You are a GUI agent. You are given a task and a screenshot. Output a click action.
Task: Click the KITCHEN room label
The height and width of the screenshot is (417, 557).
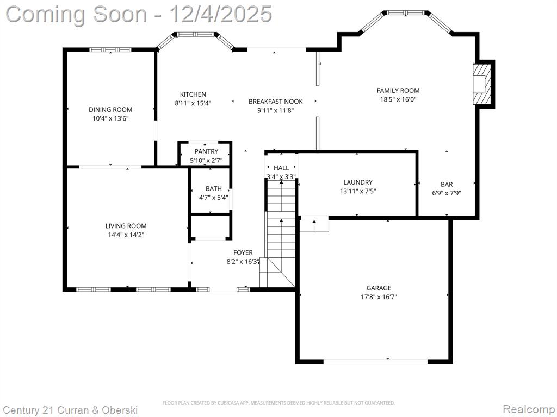(193, 94)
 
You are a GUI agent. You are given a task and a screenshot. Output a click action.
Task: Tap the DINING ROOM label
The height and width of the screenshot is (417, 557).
(110, 110)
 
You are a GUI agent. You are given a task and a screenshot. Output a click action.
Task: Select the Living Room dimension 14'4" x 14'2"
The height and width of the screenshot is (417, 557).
(126, 235)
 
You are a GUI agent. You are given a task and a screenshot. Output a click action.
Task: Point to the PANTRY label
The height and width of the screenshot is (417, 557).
(206, 152)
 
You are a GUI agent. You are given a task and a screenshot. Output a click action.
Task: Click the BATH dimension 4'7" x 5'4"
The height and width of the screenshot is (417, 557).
(213, 198)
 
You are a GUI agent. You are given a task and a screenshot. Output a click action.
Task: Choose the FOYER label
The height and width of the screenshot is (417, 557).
(243, 252)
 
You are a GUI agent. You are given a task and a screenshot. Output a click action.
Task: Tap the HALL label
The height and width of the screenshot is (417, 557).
(281, 168)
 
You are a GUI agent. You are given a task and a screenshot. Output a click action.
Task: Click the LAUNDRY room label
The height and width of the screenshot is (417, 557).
(358, 182)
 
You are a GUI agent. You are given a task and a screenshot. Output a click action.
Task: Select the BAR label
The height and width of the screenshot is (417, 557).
(447, 185)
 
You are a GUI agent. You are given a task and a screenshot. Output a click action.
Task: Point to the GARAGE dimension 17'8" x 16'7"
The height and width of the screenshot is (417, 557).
(379, 297)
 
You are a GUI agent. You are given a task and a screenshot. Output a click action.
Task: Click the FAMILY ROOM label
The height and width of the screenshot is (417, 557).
(398, 91)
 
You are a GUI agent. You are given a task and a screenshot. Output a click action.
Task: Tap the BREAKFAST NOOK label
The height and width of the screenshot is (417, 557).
(276, 102)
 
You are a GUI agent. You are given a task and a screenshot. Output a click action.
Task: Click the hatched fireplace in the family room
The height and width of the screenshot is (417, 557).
(482, 84)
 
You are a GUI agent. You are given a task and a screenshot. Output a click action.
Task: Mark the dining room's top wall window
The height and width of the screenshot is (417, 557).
(110, 49)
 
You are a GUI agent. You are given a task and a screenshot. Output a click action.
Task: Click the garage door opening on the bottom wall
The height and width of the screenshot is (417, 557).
(375, 362)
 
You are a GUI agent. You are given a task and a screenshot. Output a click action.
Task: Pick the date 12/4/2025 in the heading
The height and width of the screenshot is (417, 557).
(221, 14)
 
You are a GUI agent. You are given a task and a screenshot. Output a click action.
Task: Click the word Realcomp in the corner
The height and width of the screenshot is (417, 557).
(529, 409)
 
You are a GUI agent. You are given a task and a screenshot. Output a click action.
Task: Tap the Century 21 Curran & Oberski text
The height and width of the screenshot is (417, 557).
(70, 410)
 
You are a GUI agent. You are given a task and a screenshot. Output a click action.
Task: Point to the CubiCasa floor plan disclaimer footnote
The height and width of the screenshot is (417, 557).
(278, 403)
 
